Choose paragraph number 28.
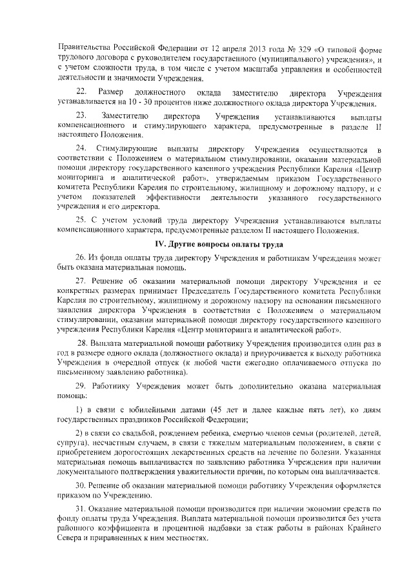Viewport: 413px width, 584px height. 83,343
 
